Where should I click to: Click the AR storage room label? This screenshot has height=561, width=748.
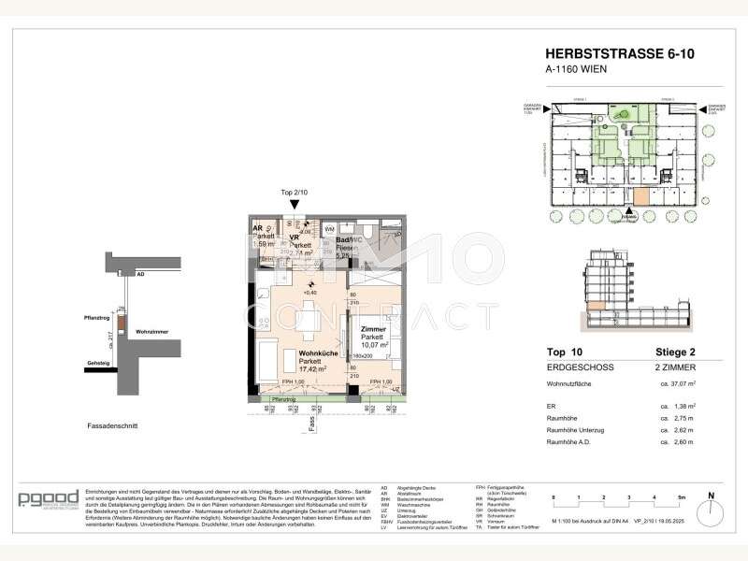[x=257, y=227]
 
